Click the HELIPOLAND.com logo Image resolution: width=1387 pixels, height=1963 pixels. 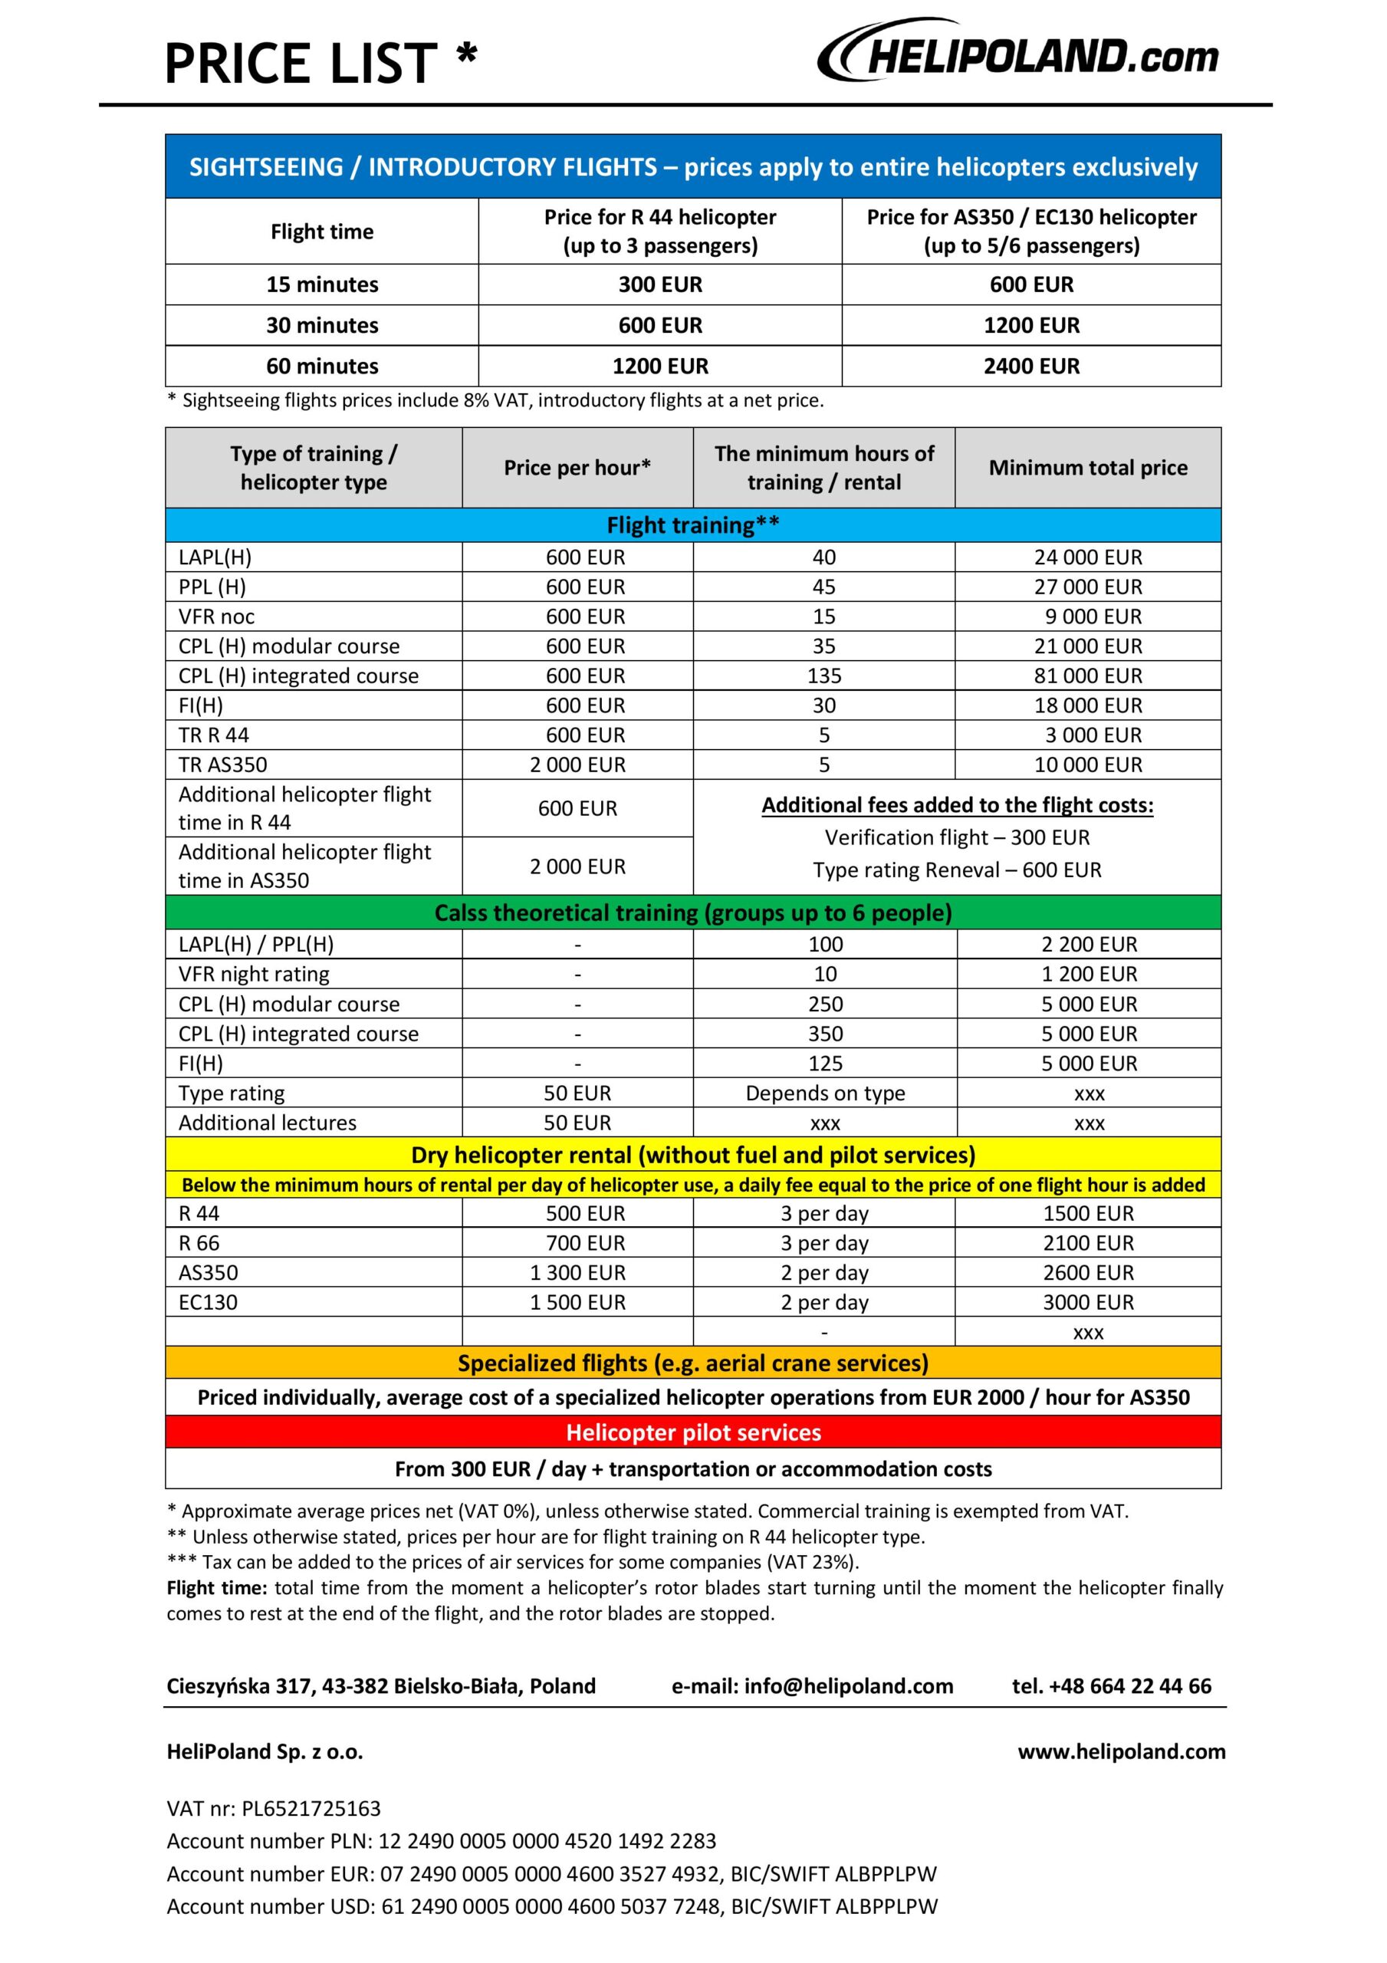pos(1017,54)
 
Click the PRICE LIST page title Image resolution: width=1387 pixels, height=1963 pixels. pos(320,64)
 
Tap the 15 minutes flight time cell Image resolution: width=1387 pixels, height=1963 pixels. pos(321,284)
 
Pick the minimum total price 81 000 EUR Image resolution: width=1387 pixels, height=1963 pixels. pos(1088,676)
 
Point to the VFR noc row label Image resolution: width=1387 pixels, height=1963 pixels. pos(216,617)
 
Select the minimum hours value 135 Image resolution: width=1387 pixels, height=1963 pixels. pos(823,676)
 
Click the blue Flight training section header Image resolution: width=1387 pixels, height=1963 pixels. pos(692,525)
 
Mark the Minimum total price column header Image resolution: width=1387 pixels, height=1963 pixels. pos(1088,468)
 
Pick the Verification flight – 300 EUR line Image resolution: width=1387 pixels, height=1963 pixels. pos(957,837)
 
